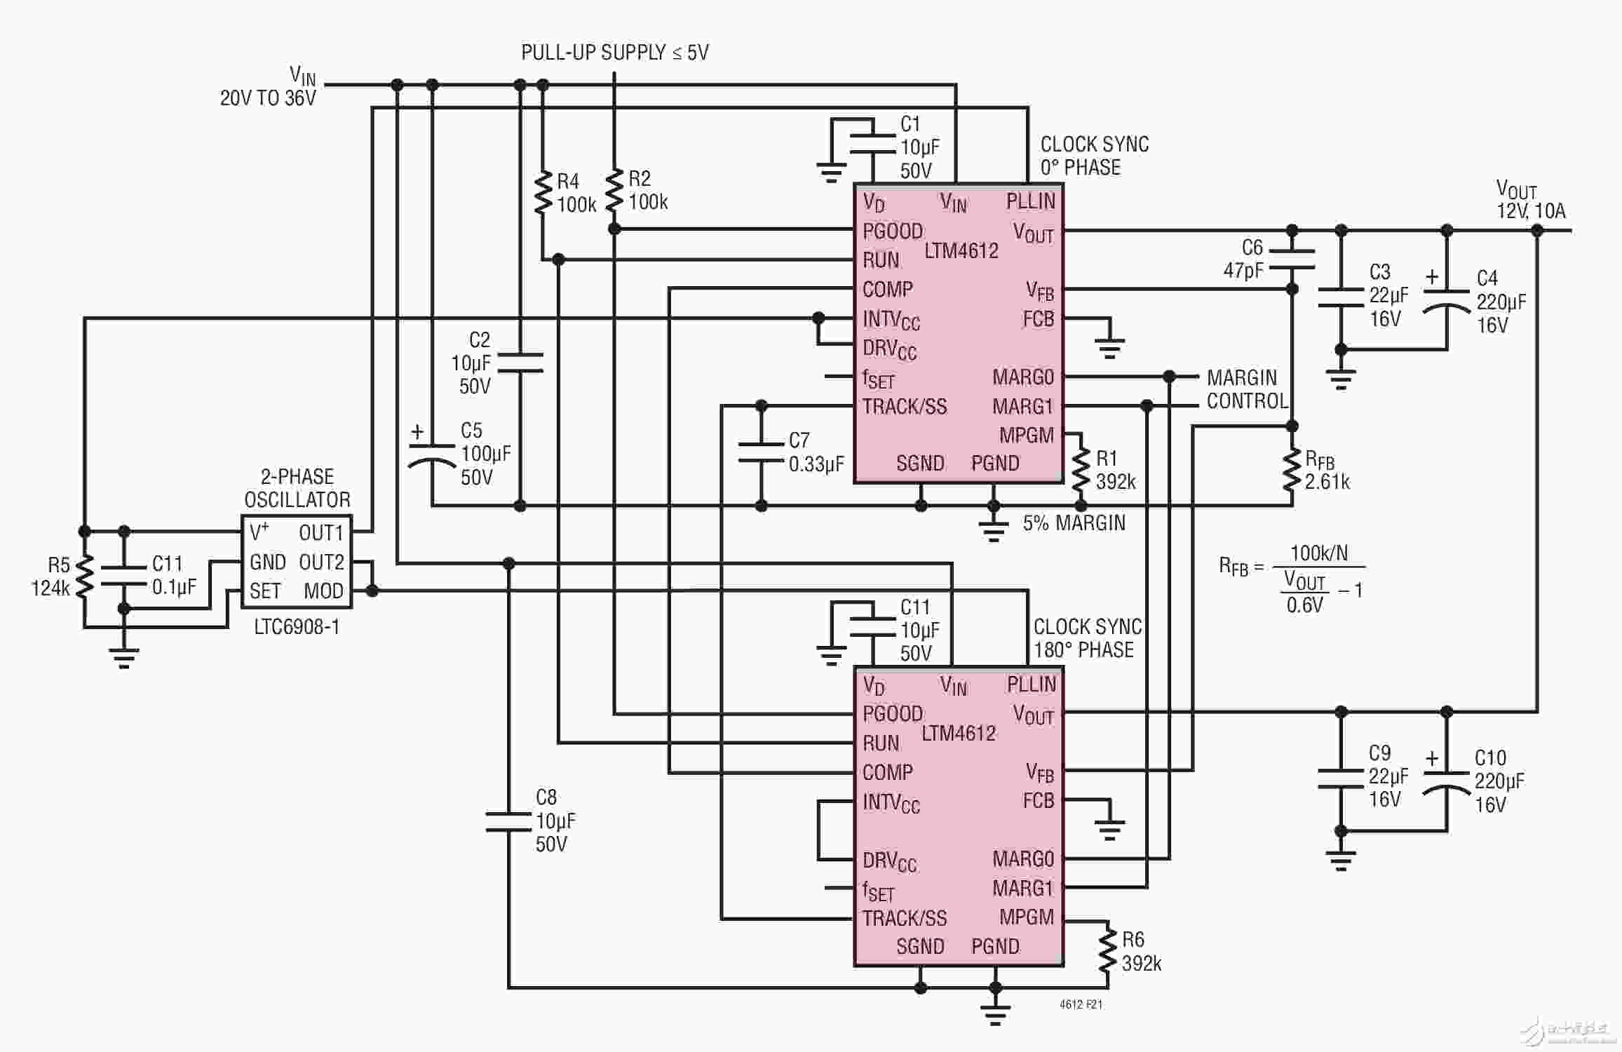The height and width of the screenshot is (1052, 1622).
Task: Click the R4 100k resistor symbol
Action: pos(543,191)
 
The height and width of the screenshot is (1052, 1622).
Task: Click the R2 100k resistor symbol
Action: pos(614,189)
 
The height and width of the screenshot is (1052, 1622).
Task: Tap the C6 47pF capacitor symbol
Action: pos(1292,259)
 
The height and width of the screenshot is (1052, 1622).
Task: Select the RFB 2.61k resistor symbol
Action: pos(1292,470)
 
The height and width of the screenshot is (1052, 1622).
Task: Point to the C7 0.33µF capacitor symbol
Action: pos(762,452)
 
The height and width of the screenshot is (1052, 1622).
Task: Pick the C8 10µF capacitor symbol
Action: pos(508,821)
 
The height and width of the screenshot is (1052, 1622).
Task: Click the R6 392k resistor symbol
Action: pos(1107,950)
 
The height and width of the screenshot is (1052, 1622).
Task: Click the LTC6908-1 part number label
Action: pos(297,626)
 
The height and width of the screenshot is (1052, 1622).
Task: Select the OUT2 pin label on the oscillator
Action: pos(321,562)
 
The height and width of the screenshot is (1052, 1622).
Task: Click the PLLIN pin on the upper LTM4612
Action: pos(1030,201)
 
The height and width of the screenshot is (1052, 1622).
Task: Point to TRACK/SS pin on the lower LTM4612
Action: pos(904,918)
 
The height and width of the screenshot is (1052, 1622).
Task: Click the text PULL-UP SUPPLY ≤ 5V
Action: pos(615,53)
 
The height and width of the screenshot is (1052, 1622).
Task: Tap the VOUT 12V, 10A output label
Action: pos(1531,200)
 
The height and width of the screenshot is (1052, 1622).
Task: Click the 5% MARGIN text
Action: pos(1074,523)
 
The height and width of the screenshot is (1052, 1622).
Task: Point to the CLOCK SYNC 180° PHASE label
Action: pos(1088,638)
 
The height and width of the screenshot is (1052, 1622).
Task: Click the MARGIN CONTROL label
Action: pos(1247,389)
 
